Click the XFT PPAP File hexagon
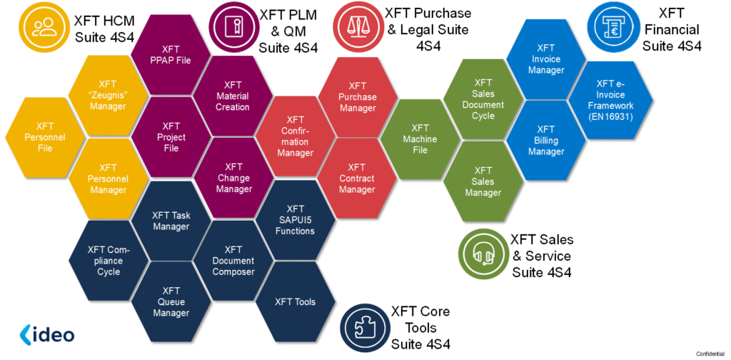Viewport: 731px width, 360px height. (x=171, y=54)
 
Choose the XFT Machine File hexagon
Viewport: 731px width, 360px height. (x=420, y=139)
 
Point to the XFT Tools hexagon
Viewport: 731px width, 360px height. (x=295, y=301)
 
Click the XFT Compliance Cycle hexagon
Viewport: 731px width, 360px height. (x=108, y=261)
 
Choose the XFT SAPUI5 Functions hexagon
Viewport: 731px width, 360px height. (x=295, y=219)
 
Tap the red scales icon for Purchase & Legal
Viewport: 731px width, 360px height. (x=357, y=26)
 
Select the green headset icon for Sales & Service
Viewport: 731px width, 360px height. (x=483, y=254)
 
